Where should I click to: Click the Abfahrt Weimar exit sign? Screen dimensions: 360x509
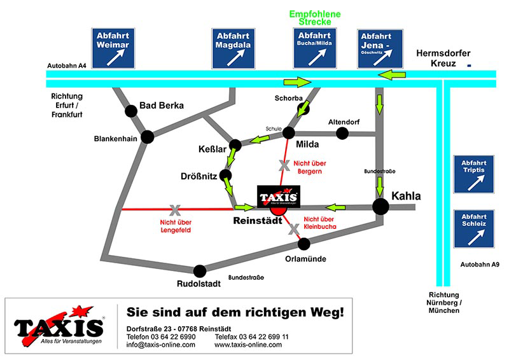113,48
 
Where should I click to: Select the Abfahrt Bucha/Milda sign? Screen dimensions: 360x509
314,48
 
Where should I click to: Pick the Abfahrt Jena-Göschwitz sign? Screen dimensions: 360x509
380,48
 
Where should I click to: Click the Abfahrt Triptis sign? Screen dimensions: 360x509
473,174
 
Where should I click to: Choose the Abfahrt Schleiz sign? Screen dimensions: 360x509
473,229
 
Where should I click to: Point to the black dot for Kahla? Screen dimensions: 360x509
380,206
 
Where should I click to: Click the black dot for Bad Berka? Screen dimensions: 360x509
131,111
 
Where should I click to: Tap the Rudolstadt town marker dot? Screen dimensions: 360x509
200,270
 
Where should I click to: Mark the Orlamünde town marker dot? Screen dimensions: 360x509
304,243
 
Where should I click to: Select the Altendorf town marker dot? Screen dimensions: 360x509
342,133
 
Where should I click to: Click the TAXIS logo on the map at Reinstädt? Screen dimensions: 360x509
278,196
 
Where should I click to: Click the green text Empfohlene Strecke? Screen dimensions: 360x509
314,17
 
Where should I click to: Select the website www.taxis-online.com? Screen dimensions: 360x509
248,344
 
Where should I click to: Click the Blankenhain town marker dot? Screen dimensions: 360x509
148,136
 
